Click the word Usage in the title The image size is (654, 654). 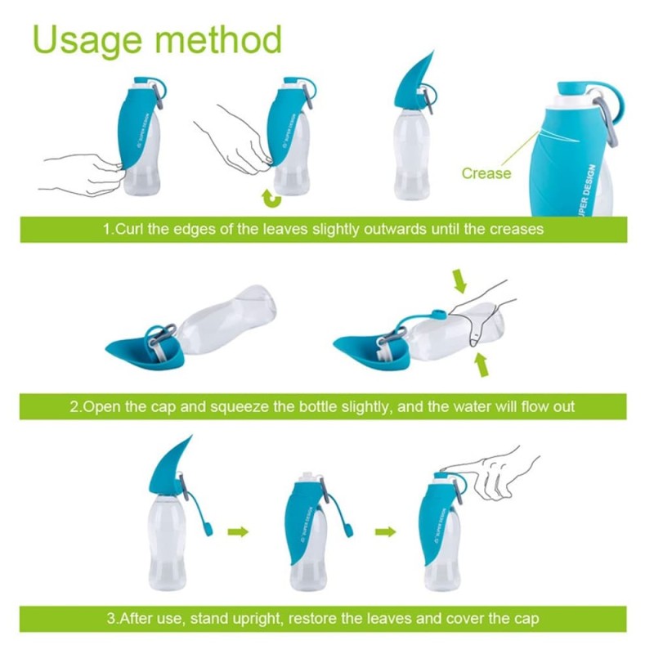(x=87, y=40)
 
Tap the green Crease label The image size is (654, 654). (x=486, y=173)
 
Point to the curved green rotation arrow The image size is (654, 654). (x=271, y=199)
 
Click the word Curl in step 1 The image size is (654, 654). (x=128, y=229)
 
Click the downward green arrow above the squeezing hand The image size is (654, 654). (x=459, y=280)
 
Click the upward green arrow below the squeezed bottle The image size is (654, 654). (x=482, y=365)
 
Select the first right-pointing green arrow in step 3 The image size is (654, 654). (x=238, y=531)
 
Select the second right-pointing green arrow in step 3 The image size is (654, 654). (x=385, y=531)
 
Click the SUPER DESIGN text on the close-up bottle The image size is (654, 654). (x=587, y=190)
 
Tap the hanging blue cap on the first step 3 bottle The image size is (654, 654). (x=208, y=529)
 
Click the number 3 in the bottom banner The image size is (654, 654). (x=111, y=618)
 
